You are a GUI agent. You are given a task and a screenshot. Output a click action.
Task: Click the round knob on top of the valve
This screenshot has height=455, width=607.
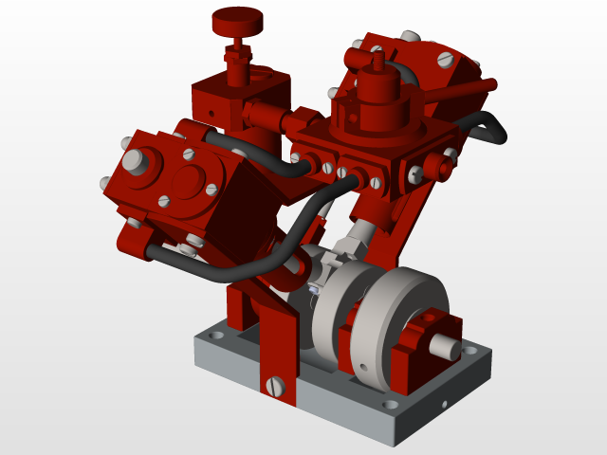tap(237, 18)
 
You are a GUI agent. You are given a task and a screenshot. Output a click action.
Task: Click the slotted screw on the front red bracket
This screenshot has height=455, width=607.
tap(276, 386)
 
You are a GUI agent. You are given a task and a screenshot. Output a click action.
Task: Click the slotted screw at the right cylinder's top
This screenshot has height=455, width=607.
tap(447, 60)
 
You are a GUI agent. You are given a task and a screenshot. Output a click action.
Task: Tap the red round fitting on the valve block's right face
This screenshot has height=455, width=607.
tap(439, 168)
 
